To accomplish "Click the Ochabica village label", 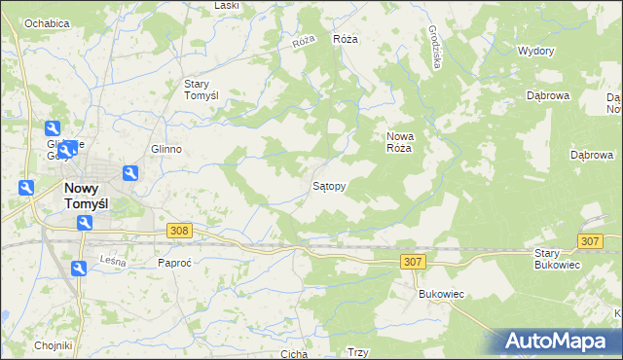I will (47, 22).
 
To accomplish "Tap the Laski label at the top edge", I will (227, 6).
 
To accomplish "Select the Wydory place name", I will (536, 51).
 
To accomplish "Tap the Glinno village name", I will (166, 149).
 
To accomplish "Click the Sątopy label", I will (329, 185).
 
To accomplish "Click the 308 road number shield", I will (178, 231).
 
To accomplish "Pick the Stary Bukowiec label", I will (557, 259).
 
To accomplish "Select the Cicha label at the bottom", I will (294, 354).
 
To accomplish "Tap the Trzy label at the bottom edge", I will (357, 353).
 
